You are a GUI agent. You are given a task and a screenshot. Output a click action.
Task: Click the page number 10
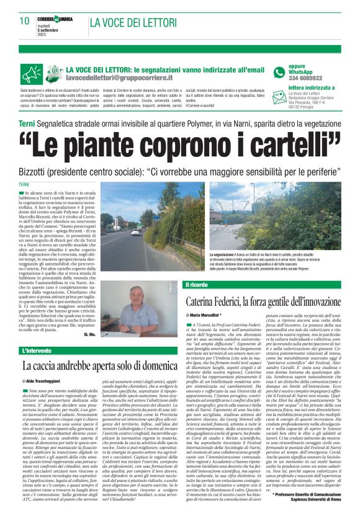(24, 20)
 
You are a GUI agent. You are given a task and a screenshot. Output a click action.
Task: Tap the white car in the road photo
(135, 231)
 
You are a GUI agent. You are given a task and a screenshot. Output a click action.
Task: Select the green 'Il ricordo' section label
(200, 285)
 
